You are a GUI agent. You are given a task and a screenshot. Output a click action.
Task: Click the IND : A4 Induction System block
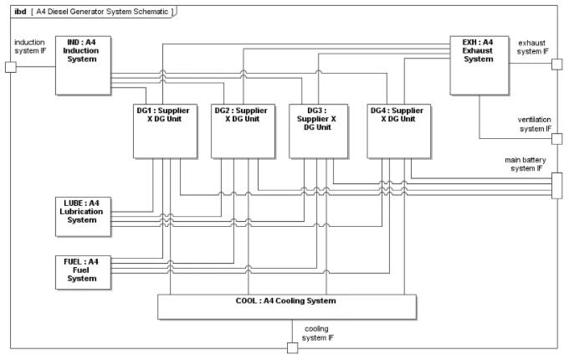click(x=83, y=64)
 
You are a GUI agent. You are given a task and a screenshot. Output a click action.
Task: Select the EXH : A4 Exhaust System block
click(x=479, y=64)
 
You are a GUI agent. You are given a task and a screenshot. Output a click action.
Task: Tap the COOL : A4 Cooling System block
click(x=286, y=306)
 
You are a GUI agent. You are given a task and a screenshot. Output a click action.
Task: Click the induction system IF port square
click(x=11, y=66)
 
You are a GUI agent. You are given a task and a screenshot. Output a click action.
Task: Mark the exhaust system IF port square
click(x=556, y=65)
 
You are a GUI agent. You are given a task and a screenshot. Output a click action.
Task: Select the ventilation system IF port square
click(x=556, y=138)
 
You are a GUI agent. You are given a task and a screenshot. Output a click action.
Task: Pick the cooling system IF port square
click(x=292, y=347)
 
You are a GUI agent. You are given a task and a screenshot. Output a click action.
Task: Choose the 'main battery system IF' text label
click(x=524, y=163)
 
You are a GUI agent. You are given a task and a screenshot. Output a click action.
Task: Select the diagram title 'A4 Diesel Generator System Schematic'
click(x=100, y=12)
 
